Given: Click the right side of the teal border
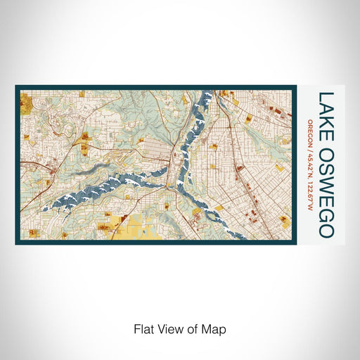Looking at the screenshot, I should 294,165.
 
